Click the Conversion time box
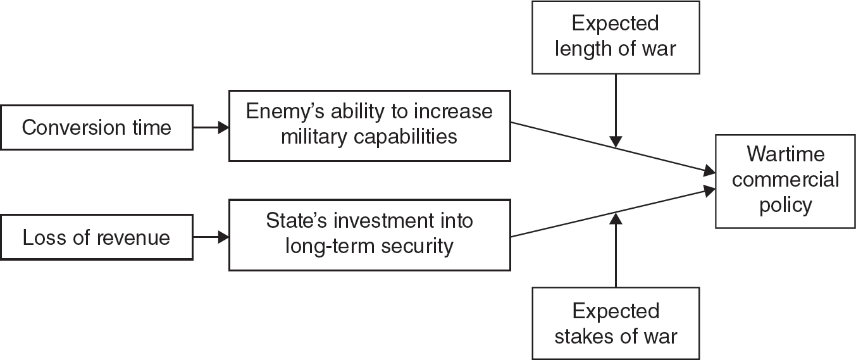[x=96, y=128]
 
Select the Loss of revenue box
[x=96, y=238]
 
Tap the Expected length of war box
[x=616, y=37]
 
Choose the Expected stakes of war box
[x=616, y=323]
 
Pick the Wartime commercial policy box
[x=786, y=180]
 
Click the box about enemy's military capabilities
[x=369, y=124]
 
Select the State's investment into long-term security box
[x=369, y=234]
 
